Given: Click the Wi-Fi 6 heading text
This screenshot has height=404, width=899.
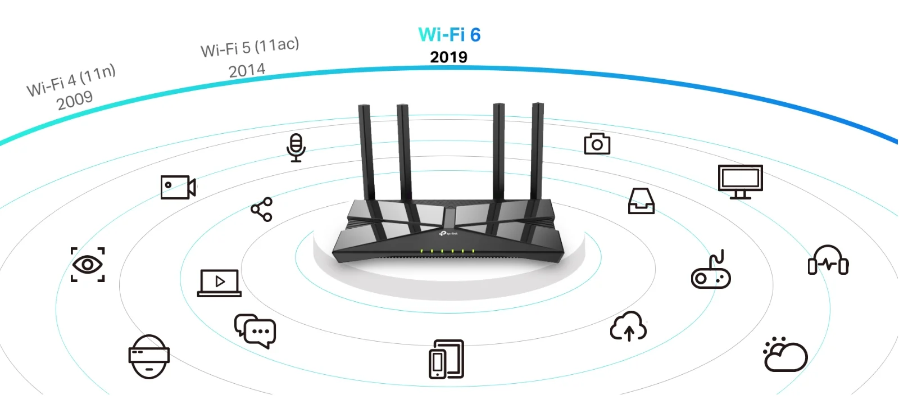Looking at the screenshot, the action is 449,34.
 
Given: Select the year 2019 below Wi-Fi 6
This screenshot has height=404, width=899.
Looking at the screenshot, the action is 449,57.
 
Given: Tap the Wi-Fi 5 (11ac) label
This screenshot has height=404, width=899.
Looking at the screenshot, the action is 249,47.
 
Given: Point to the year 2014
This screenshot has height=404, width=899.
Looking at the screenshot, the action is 247,71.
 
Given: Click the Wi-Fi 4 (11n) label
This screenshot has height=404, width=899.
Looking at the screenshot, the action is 71,80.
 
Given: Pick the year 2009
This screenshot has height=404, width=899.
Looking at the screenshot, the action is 75,101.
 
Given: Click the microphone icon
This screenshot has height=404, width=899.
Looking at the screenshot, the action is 296,148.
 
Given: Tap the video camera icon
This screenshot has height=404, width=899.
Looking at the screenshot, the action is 178,187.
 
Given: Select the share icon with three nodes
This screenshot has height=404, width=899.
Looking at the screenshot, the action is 262,209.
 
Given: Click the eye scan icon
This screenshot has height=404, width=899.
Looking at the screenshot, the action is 88,265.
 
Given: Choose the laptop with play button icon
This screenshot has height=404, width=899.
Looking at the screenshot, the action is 219,283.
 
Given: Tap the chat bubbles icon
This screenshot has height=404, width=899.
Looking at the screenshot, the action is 255,331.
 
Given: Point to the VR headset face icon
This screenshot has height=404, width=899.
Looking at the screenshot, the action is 149,357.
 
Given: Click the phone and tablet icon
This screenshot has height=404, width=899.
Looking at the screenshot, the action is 446,360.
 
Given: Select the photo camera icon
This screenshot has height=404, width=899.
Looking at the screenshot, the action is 597,144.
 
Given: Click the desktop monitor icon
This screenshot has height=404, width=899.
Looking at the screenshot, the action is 741,181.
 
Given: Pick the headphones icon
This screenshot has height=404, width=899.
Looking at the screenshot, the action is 828,260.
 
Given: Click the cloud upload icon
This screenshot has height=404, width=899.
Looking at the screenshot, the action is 629,326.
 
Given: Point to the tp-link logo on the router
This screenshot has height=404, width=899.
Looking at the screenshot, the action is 448,234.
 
